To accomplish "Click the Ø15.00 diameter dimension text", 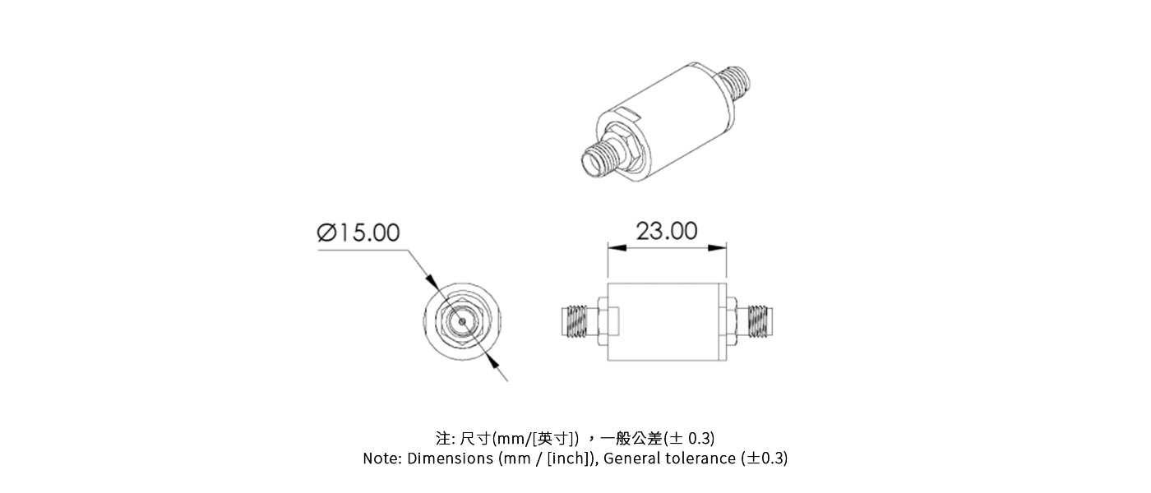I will [x=358, y=233].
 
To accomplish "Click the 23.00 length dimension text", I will [x=667, y=231].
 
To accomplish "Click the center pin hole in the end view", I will [x=463, y=321].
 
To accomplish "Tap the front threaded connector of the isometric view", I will [x=599, y=158].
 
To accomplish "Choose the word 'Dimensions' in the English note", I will [x=451, y=458].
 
